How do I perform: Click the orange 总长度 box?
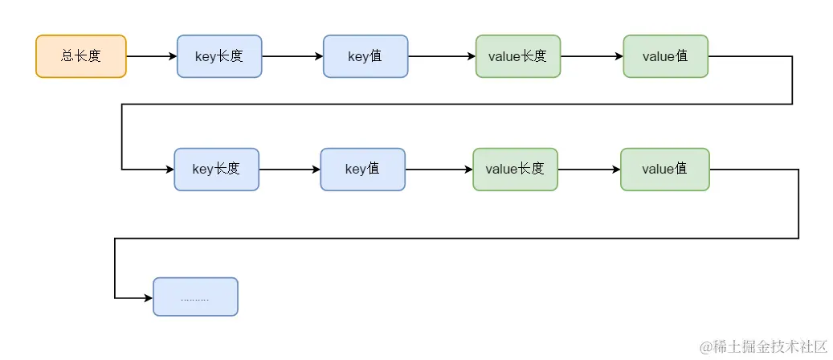pyautogui.click(x=81, y=56)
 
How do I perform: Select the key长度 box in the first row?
pyautogui.click(x=219, y=56)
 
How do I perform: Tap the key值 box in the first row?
pyautogui.click(x=365, y=56)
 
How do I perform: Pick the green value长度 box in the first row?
pyautogui.click(x=518, y=56)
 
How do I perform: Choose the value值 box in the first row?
pyautogui.click(x=665, y=56)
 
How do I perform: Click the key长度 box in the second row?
pyautogui.click(x=217, y=170)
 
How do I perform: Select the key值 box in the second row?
pyautogui.click(x=363, y=170)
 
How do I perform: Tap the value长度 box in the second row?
pyautogui.click(x=515, y=170)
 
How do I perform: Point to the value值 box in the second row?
pyautogui.click(x=664, y=170)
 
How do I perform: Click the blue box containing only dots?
pyautogui.click(x=195, y=297)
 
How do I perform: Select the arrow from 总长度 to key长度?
pyautogui.click(x=151, y=56)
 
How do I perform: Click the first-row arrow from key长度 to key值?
pyautogui.click(x=292, y=56)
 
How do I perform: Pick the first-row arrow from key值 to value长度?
pyautogui.click(x=441, y=56)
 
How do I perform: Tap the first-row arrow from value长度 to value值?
pyautogui.click(x=590, y=56)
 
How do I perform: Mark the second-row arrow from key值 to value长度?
pyautogui.click(x=439, y=170)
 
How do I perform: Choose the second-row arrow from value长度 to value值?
pyautogui.click(x=588, y=170)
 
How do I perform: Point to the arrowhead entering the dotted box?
pyautogui.click(x=148, y=298)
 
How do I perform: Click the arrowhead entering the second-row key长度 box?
pyautogui.click(x=169, y=170)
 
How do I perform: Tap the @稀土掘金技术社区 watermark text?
pyautogui.click(x=763, y=346)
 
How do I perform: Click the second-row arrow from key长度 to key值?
pyautogui.click(x=289, y=170)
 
